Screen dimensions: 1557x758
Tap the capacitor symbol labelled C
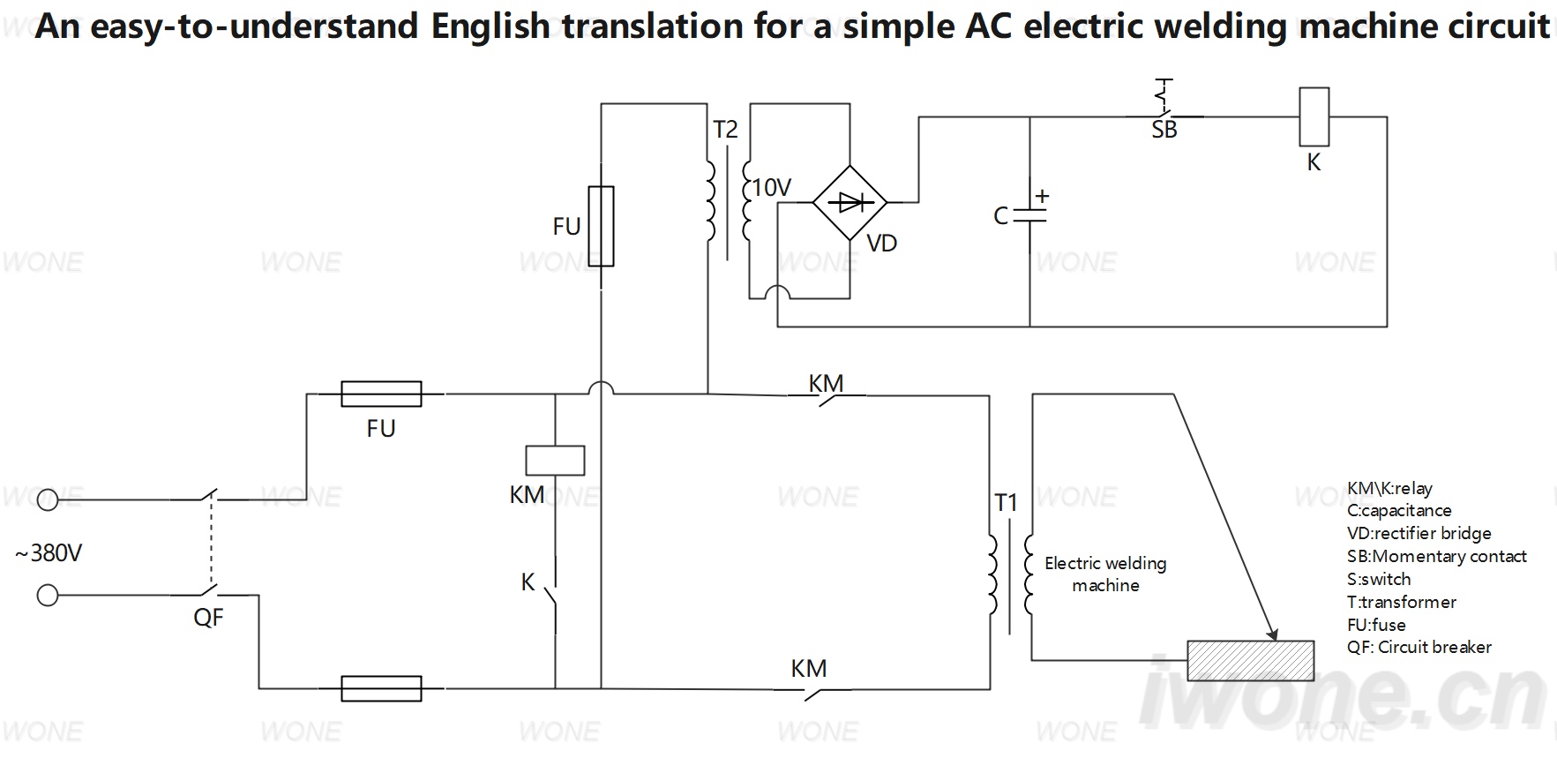[x=1029, y=214]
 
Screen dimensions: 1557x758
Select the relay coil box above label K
[x=1314, y=116]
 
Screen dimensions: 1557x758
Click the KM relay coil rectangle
[x=555, y=461]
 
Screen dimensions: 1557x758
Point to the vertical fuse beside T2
[x=601, y=226]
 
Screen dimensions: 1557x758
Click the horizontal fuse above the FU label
[x=381, y=394]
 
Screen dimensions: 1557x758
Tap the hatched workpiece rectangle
[x=1250, y=660]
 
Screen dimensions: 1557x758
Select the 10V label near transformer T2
[x=771, y=187]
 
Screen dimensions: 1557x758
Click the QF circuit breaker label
[x=208, y=617]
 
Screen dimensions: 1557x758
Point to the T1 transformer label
[x=1006, y=503]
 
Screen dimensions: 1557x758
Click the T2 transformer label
[x=725, y=130]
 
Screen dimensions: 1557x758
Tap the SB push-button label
[x=1164, y=130]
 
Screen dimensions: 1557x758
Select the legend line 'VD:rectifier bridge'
[x=1419, y=533]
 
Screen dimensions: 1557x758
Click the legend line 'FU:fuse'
[x=1376, y=625]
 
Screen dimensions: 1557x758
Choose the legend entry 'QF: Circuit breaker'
[x=1419, y=647]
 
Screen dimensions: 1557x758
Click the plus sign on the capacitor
[x=1042, y=196]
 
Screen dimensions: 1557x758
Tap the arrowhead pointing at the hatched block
[x=1271, y=633]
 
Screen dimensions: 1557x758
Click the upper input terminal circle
[x=48, y=500]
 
